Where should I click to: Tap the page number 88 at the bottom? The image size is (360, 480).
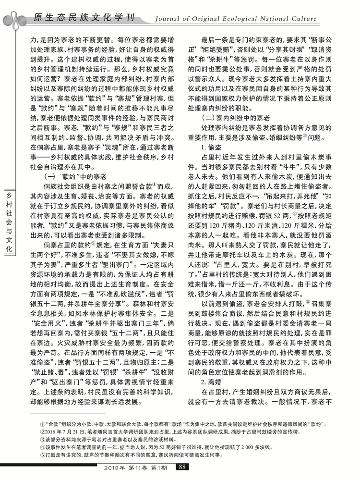pos(180,467)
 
